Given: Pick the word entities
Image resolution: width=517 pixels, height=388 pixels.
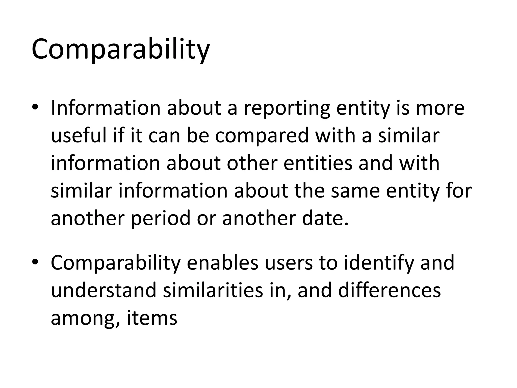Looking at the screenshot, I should pos(318,163).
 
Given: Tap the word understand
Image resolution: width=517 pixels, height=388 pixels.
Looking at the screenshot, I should pos(104,290).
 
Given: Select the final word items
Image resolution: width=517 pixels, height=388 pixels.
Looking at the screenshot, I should pos(152,318).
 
